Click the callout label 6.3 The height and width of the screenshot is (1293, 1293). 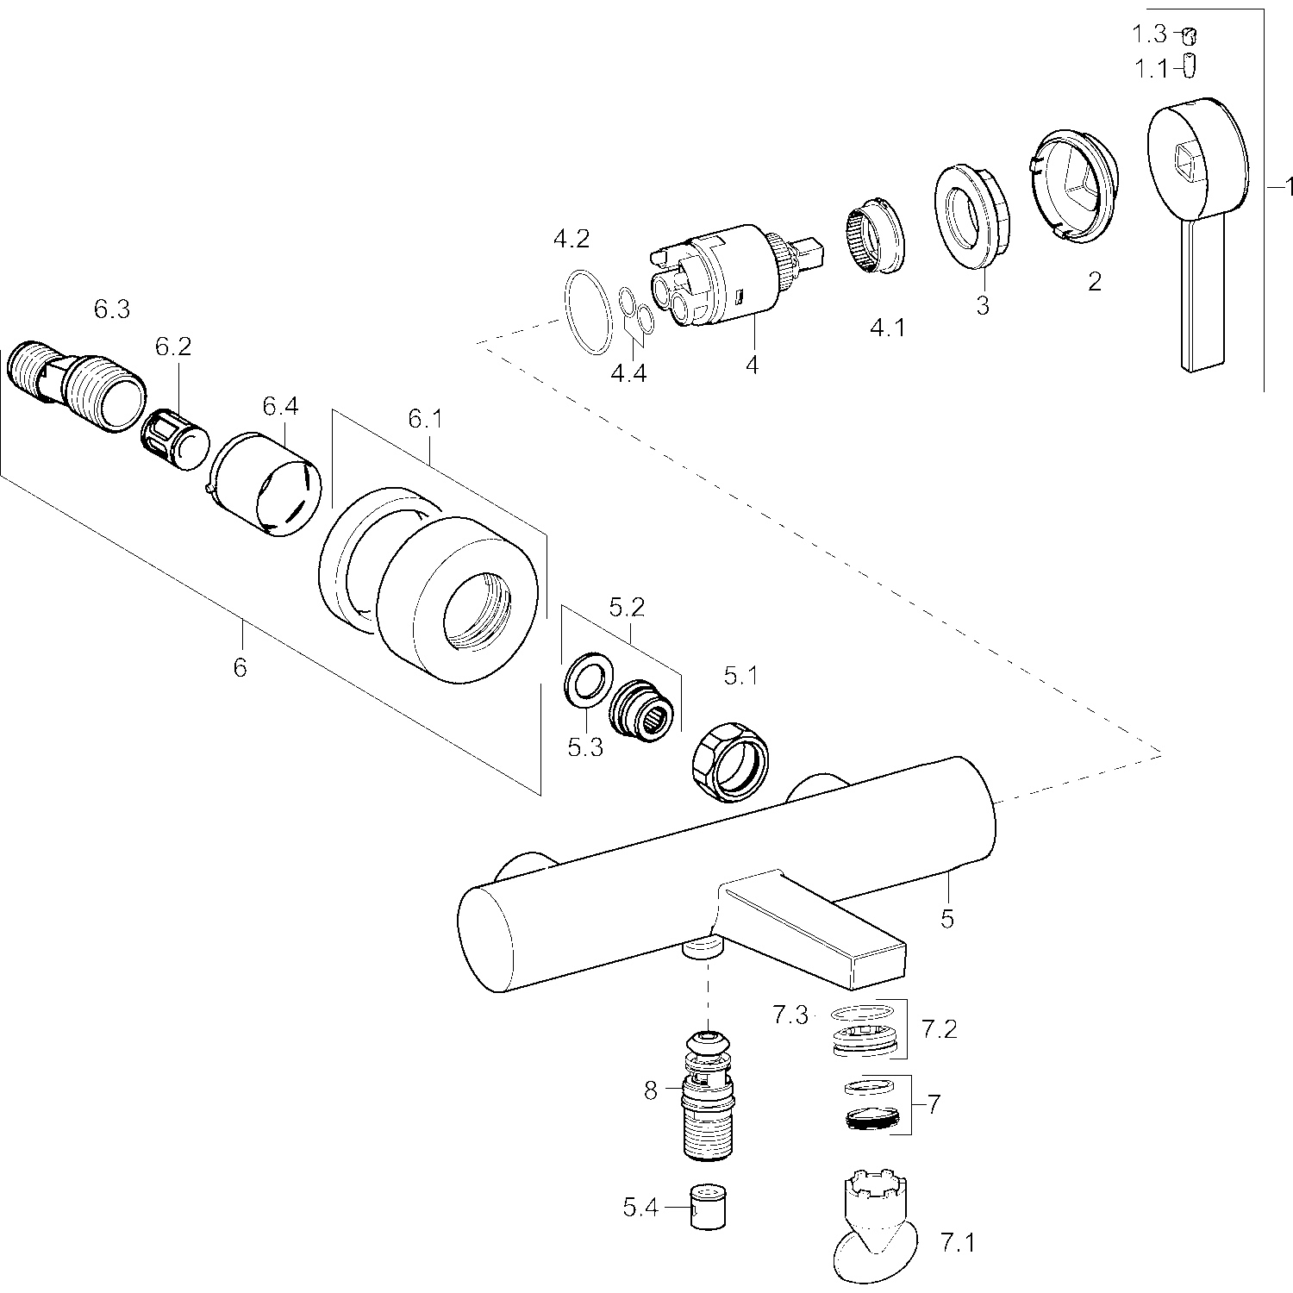[111, 309]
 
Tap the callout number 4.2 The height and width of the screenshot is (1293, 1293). [571, 240]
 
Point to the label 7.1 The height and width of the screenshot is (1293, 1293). [956, 1242]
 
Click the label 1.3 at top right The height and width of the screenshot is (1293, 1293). [1149, 34]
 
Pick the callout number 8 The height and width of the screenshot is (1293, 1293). [650, 1090]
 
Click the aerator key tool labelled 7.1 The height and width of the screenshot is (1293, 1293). [875, 1224]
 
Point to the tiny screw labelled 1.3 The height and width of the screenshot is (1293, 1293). [1189, 35]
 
